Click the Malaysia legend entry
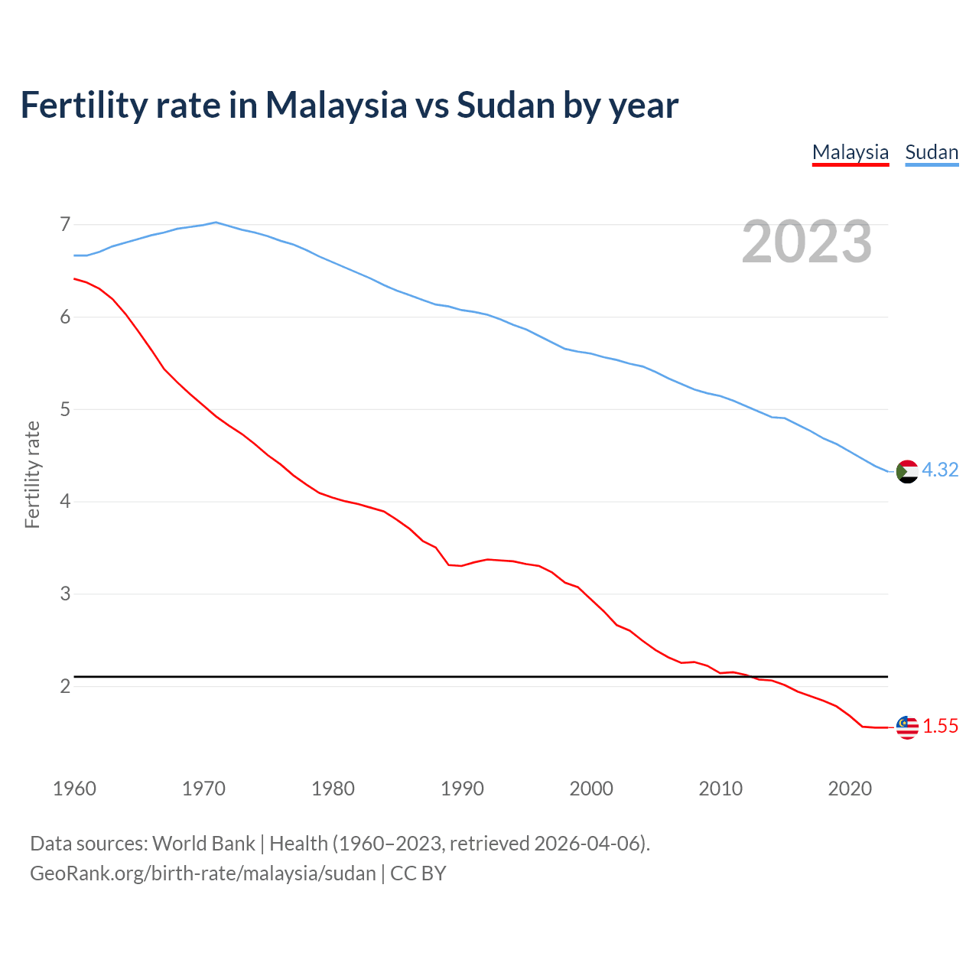tap(850, 152)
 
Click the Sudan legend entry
tap(931, 152)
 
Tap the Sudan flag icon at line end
tap(906, 471)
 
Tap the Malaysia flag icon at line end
tap(906, 727)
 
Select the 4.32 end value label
tap(940, 470)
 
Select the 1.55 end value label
tap(940, 727)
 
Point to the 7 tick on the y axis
tap(65, 224)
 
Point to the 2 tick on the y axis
tap(65, 686)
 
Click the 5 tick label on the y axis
tap(65, 409)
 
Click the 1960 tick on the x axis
tap(74, 789)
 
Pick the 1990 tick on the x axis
tap(462, 789)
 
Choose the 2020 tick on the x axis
tap(850, 789)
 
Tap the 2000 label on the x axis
tap(591, 789)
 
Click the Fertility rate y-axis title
tap(32, 474)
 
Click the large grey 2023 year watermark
tap(806, 242)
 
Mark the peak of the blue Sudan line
tap(216, 222)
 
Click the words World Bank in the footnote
tap(203, 844)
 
